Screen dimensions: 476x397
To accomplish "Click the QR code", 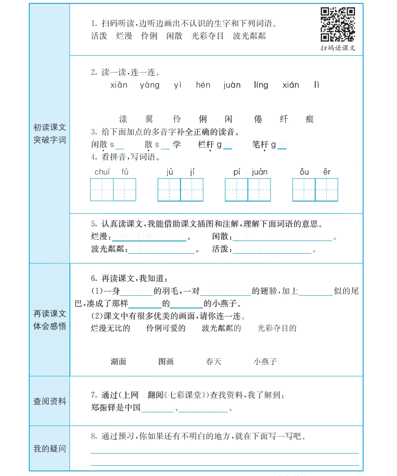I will (x=338, y=25).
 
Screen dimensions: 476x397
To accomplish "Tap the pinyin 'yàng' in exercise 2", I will (x=150, y=85).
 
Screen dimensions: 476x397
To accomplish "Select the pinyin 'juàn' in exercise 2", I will (x=232, y=85).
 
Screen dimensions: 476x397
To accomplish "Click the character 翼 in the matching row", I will (x=149, y=119).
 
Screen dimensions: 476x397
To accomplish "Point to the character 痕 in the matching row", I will (x=310, y=119).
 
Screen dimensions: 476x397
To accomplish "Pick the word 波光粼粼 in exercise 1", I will (x=250, y=36).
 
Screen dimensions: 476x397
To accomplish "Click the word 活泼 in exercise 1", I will (x=99, y=36).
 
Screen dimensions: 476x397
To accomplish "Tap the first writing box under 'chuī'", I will (x=102, y=190).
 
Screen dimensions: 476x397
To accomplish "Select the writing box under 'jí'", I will (x=192, y=190).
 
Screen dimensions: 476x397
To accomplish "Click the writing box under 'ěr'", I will (x=327, y=190).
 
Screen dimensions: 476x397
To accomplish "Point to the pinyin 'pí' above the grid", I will (x=237, y=172).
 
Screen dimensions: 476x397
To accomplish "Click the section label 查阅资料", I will (x=50, y=401).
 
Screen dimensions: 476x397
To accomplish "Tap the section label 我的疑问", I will (x=50, y=448).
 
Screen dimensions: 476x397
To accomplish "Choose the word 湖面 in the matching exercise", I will (x=119, y=361).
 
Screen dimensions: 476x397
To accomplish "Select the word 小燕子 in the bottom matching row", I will (x=265, y=361).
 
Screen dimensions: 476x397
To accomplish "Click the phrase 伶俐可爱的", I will (x=166, y=328).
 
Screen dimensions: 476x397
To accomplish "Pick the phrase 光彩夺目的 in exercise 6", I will (x=277, y=328).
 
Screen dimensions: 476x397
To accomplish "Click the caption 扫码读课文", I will (x=338, y=48).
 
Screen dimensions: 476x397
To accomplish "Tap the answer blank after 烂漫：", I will (x=149, y=237).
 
